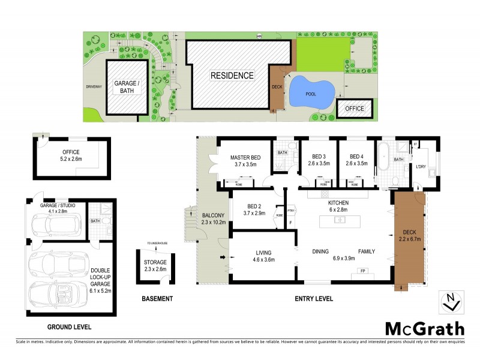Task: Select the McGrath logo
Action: [x=424, y=329]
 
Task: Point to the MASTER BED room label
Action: [x=244, y=161]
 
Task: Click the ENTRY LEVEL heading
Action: [x=313, y=299]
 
